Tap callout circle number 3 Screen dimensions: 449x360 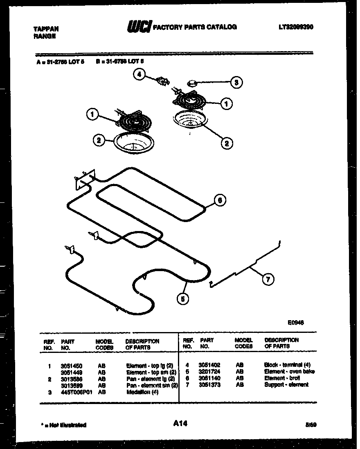236,82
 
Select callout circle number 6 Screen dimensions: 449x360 220,200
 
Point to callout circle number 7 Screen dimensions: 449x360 268,280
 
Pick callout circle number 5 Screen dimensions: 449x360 182,299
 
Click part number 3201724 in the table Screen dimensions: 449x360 209,372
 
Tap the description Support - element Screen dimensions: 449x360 286,385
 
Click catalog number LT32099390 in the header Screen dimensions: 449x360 296,27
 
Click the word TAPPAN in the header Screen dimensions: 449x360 46,29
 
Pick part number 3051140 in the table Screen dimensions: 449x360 209,378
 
